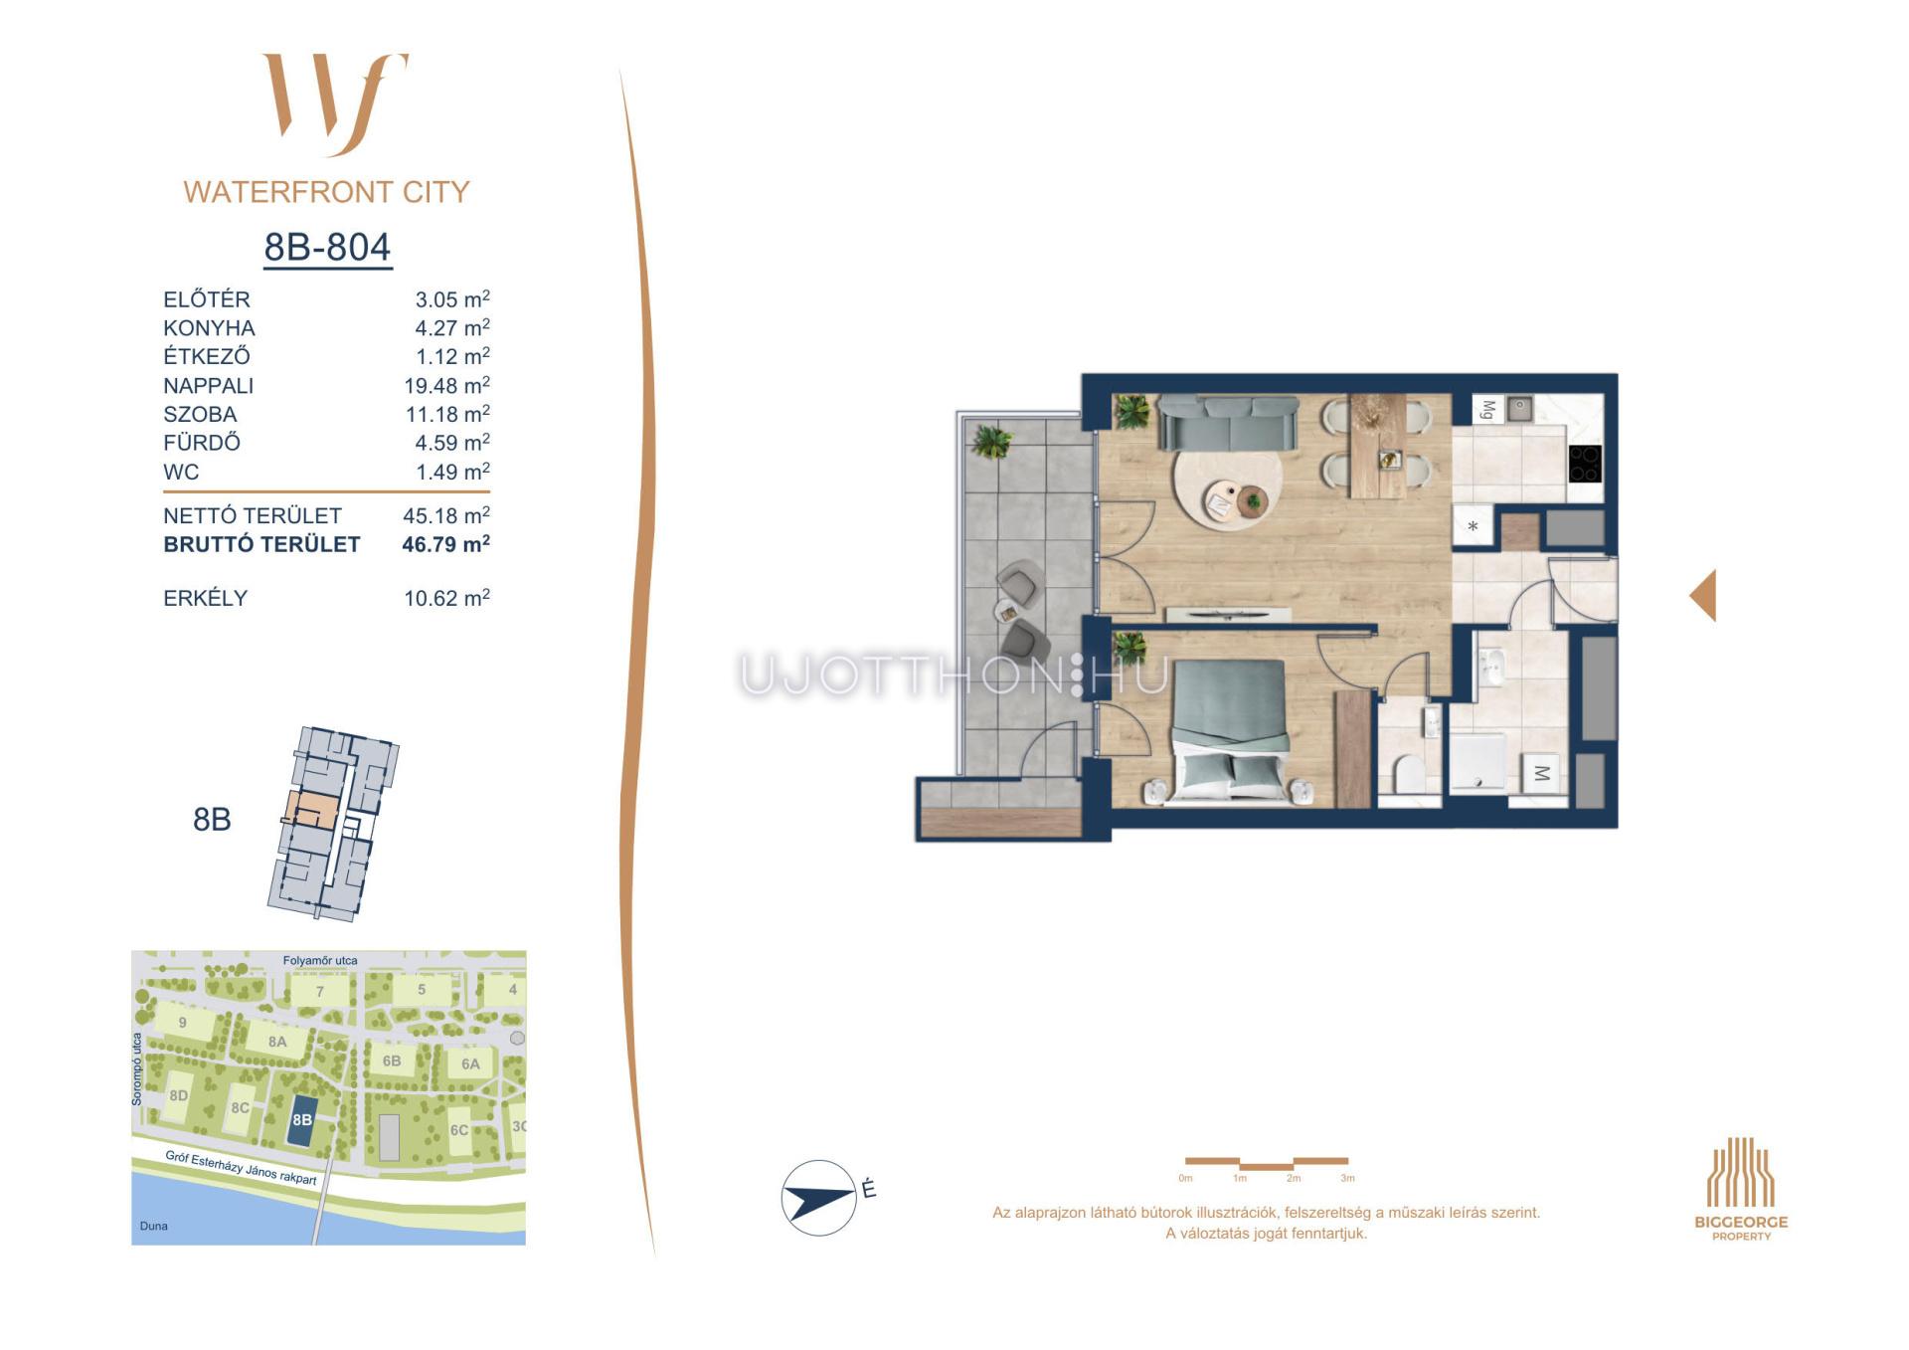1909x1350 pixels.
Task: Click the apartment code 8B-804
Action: pyautogui.click(x=327, y=247)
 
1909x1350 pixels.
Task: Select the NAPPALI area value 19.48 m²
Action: pyautogui.click(x=446, y=385)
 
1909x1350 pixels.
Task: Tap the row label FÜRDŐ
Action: pyautogui.click(x=202, y=443)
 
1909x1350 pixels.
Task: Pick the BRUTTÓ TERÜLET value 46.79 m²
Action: pyautogui.click(x=445, y=544)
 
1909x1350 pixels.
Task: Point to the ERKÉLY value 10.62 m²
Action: pyautogui.click(x=446, y=598)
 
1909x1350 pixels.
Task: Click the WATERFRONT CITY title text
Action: pyautogui.click(x=326, y=192)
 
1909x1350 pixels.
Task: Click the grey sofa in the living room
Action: pyautogui.click(x=1229, y=423)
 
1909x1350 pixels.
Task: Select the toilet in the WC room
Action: pyautogui.click(x=1407, y=773)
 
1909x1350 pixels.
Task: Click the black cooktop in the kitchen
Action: pyautogui.click(x=1585, y=464)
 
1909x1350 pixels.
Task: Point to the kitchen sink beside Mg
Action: pyautogui.click(x=1519, y=408)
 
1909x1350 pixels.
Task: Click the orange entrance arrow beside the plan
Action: pyautogui.click(x=1703, y=596)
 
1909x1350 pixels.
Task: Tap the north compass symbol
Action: pyautogui.click(x=819, y=1198)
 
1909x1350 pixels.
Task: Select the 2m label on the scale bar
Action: pyautogui.click(x=1293, y=1178)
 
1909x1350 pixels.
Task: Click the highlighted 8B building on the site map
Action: pyautogui.click(x=302, y=1119)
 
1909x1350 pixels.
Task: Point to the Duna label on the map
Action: pyautogui.click(x=154, y=1226)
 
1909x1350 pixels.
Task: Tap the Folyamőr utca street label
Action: pyautogui.click(x=320, y=960)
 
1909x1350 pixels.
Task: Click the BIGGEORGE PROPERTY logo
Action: pyautogui.click(x=1741, y=1189)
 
